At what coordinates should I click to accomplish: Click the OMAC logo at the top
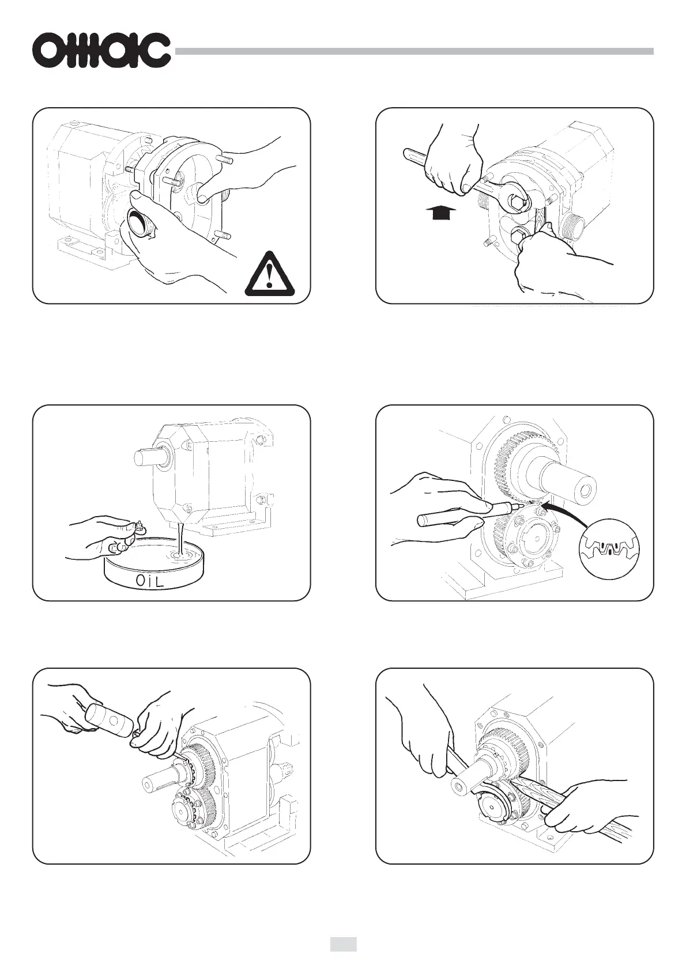pyautogui.click(x=102, y=51)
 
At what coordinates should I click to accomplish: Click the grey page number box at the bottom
pyautogui.click(x=343, y=941)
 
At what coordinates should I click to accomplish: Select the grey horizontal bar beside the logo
pyautogui.click(x=414, y=51)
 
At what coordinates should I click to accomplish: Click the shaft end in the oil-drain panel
pyautogui.click(x=148, y=456)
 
